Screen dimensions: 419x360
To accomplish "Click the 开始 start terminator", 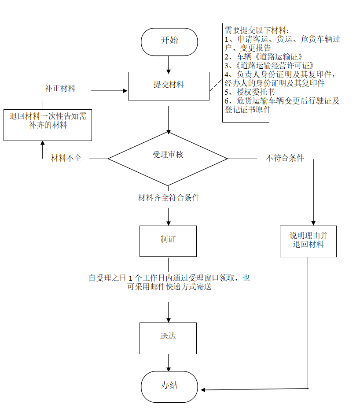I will click(x=169, y=42).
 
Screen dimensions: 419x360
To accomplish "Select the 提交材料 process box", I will click(x=169, y=86).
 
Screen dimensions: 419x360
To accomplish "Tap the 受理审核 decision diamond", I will click(x=168, y=158).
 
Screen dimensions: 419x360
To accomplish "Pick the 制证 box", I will click(x=168, y=241).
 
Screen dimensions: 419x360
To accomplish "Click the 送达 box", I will click(x=168, y=337).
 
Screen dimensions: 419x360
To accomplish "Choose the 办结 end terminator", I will click(x=169, y=386).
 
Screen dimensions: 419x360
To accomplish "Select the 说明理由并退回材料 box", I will click(x=308, y=241).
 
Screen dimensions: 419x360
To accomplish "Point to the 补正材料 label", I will click(x=60, y=89).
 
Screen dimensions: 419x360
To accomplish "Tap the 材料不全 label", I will click(x=66, y=158).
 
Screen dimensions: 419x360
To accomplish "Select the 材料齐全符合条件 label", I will click(x=169, y=198).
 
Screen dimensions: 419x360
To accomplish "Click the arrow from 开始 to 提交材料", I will click(x=169, y=64).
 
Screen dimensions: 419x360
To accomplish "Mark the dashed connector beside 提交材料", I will click(x=216, y=85).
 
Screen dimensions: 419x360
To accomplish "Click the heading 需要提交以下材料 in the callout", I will click(x=257, y=30).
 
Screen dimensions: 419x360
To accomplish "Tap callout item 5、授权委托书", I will click(x=250, y=92).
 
